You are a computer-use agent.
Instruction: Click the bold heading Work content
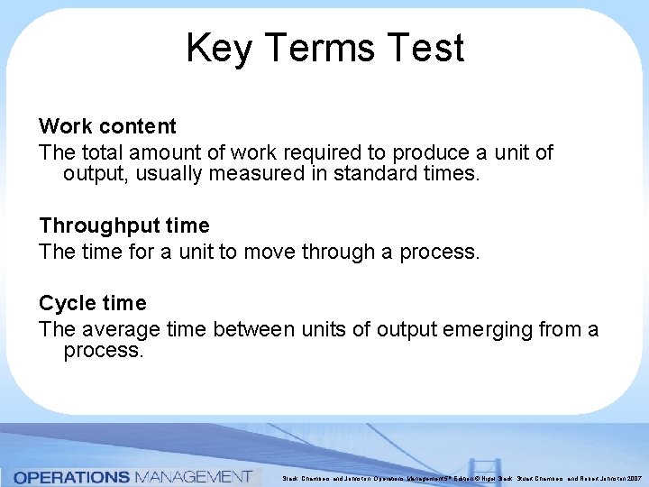(107, 126)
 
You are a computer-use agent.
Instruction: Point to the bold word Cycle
(65, 303)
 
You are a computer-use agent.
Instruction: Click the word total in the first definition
(99, 152)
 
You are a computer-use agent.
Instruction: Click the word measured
(256, 172)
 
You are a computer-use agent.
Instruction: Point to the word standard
(369, 172)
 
